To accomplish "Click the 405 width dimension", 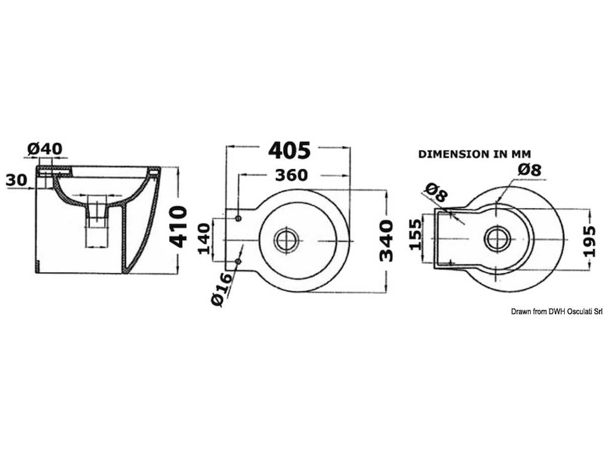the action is (289, 150).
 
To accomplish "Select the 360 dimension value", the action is (291, 175).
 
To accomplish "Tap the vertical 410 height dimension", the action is (178, 226).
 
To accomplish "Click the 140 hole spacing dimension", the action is (204, 239).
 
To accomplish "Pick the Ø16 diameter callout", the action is (221, 289).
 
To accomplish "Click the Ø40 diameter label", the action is (45, 149).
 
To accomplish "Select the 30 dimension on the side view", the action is (17, 180).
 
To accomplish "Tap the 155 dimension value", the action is (415, 234).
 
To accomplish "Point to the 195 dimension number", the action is (589, 241).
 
